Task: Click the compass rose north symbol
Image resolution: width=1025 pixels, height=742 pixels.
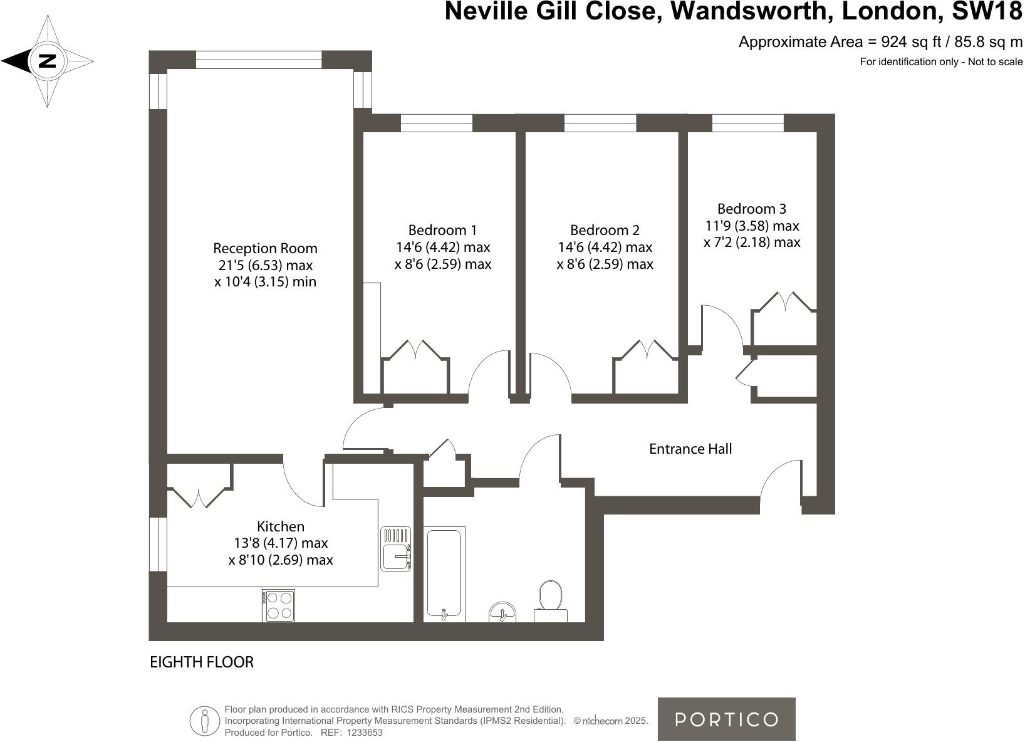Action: (48, 61)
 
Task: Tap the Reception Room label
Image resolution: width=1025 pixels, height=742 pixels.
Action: (265, 248)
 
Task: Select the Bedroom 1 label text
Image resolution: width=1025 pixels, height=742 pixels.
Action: (442, 230)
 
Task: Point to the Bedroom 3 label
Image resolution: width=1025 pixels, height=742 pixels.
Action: (751, 209)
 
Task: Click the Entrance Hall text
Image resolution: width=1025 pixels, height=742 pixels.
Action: (690, 449)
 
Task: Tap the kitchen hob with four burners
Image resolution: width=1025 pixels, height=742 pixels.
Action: (278, 605)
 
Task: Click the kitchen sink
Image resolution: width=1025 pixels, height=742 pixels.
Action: (395, 549)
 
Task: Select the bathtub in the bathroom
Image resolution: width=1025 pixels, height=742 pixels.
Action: (444, 573)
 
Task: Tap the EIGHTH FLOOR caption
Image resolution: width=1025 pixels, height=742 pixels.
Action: (202, 662)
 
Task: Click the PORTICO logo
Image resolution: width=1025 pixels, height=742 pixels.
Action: (726, 719)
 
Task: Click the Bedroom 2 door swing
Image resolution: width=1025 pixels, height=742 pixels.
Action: (549, 376)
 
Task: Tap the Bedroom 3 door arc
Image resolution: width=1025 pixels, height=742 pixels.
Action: (722, 326)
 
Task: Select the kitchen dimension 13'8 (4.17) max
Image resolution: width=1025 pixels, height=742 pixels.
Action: (281, 543)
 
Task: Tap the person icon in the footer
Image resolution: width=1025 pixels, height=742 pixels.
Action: (204, 721)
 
